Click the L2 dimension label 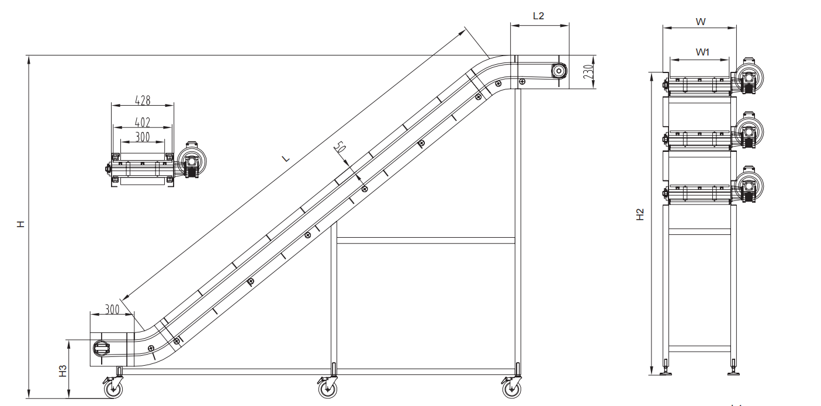pyautogui.click(x=538, y=16)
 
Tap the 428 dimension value pyautogui.click(x=143, y=100)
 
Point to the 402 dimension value pyautogui.click(x=143, y=122)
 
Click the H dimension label pyautogui.click(x=21, y=224)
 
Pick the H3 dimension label pyautogui.click(x=63, y=371)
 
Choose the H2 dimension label pyautogui.click(x=640, y=214)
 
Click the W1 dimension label pyautogui.click(x=702, y=52)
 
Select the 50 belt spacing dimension pyautogui.click(x=340, y=147)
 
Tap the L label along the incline pyautogui.click(x=286, y=159)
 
